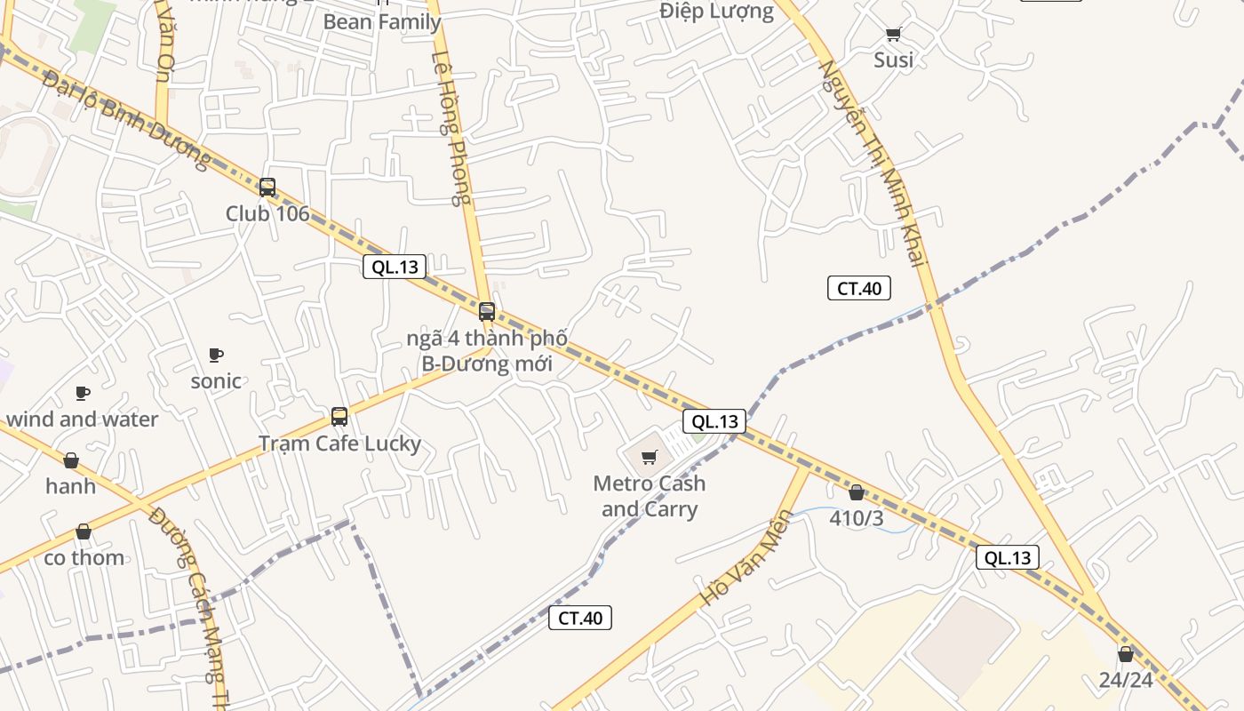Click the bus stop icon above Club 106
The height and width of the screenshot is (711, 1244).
tap(267, 188)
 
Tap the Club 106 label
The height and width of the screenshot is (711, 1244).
tap(267, 213)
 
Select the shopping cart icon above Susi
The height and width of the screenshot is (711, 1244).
tap(893, 35)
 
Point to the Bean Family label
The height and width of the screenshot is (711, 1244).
tap(382, 21)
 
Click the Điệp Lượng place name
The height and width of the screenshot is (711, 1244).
tap(716, 12)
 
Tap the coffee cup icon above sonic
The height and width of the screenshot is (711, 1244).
tap(216, 355)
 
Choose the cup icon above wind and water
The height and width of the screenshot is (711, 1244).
tap(83, 393)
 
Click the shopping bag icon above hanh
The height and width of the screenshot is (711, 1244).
tap(71, 460)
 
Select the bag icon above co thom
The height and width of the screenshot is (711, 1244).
tap(84, 531)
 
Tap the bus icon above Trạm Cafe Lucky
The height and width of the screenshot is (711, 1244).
tap(339, 416)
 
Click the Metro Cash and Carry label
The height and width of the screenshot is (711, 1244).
tap(650, 496)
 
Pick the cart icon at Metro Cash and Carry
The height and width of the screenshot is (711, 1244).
tap(650, 458)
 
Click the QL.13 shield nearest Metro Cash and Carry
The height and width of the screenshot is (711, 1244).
tap(714, 421)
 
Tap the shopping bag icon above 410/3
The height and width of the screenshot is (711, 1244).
tap(857, 492)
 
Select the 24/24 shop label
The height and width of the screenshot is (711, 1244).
tap(1126, 680)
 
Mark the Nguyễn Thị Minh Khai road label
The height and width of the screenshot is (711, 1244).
tap(872, 162)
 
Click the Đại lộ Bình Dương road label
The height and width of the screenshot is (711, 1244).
tap(126, 121)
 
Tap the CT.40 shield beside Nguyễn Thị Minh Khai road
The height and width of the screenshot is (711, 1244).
tap(859, 288)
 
